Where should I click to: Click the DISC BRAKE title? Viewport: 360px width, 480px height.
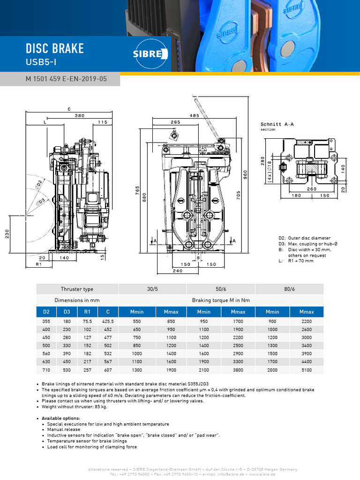click(x=55, y=48)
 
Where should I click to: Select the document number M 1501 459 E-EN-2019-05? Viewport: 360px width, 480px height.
click(x=66, y=79)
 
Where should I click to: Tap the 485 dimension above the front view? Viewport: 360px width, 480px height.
click(x=195, y=115)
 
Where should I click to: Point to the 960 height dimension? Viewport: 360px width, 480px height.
click(x=244, y=174)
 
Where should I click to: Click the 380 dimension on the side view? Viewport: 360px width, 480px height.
click(x=80, y=115)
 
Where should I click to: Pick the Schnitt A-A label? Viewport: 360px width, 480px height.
click(x=277, y=124)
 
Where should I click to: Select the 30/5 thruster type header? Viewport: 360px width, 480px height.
click(x=152, y=289)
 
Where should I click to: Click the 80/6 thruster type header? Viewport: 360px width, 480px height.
click(x=289, y=289)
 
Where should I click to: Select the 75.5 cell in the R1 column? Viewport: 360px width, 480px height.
click(x=87, y=322)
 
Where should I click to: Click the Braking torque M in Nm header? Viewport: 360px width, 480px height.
click(x=221, y=300)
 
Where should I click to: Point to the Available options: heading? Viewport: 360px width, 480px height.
click(x=61, y=418)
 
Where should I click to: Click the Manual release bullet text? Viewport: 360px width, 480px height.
click(x=64, y=429)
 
